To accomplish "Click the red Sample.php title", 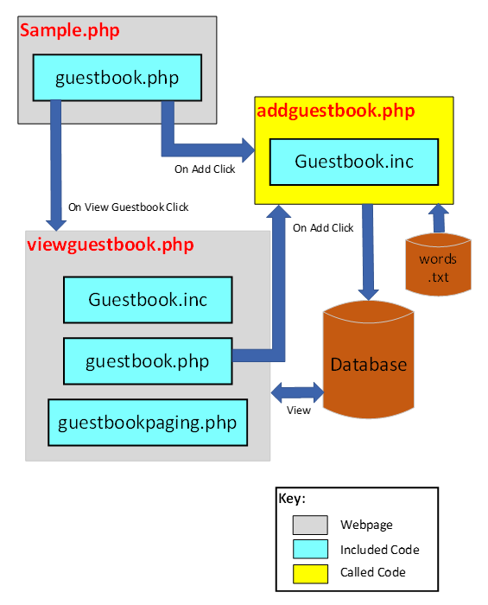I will click(x=69, y=31).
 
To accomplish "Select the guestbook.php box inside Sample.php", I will click(x=117, y=78).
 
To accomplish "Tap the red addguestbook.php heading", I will click(x=335, y=111).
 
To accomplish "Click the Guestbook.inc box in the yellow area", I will click(x=354, y=162).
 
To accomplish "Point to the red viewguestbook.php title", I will click(x=110, y=245).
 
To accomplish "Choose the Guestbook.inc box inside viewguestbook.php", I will click(x=148, y=300).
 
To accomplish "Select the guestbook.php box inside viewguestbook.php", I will click(x=148, y=360).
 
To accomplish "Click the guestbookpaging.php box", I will click(x=148, y=423).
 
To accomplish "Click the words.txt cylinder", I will click(x=438, y=265).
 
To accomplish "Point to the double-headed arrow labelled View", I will click(x=297, y=392).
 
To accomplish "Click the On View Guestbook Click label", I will click(x=128, y=207).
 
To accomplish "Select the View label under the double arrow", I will click(x=298, y=411).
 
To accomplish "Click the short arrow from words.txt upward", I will click(x=439, y=218).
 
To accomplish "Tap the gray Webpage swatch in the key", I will click(x=310, y=525).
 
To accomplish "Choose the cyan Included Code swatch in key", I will click(x=310, y=549).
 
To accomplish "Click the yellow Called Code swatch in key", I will click(x=310, y=572).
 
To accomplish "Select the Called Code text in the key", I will click(x=373, y=572).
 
